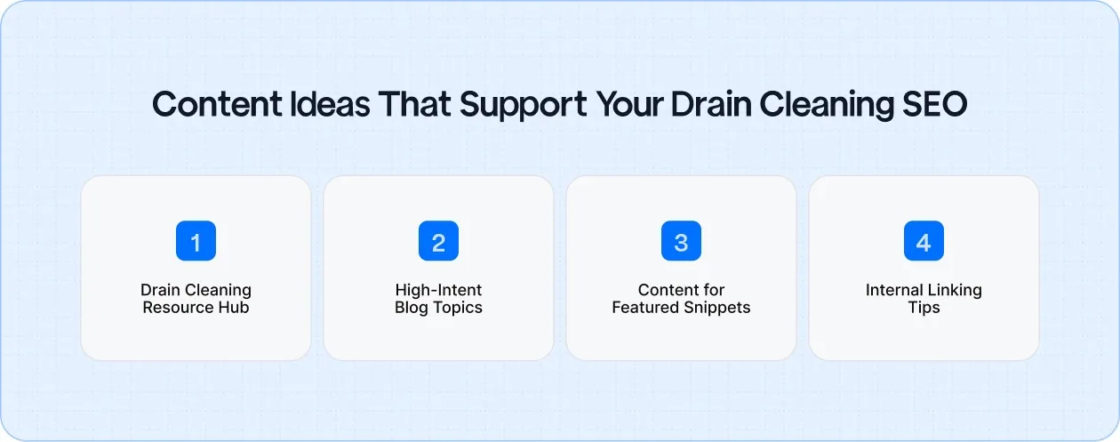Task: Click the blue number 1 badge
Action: [196, 241]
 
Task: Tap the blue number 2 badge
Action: [438, 241]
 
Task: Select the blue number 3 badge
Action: [681, 241]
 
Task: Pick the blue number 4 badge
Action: [924, 241]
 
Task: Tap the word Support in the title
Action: [507, 105]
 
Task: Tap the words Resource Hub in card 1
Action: [196, 308]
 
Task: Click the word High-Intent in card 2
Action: [438, 291]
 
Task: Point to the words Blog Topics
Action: [438, 308]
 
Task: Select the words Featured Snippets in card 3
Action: [681, 308]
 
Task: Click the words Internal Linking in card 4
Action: [924, 291]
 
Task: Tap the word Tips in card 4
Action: [924, 308]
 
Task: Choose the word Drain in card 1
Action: [160, 291]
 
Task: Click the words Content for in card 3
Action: [681, 291]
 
